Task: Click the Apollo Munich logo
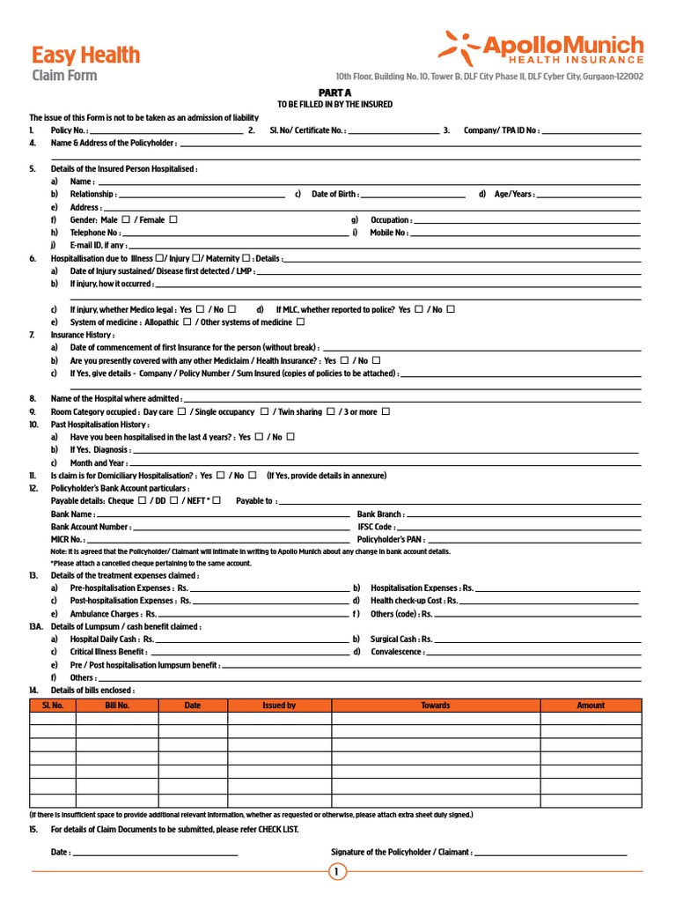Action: pyautogui.click(x=540, y=48)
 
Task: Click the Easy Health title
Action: pyautogui.click(x=85, y=55)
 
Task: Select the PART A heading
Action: pyautogui.click(x=334, y=92)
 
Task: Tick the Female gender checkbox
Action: pyautogui.click(x=173, y=219)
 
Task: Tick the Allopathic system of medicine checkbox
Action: pyautogui.click(x=187, y=322)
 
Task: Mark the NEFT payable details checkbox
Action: pyautogui.click(x=217, y=500)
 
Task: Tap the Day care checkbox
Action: pyautogui.click(x=181, y=411)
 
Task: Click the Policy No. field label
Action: pyautogui.click(x=70, y=130)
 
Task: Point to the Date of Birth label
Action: pyautogui.click(x=334, y=194)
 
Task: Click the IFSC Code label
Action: pyautogui.click(x=376, y=527)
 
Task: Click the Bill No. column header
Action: pyautogui.click(x=117, y=705)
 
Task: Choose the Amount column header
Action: pyautogui.click(x=591, y=705)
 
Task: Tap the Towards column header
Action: pyautogui.click(x=435, y=705)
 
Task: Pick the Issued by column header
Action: pyautogui.click(x=279, y=705)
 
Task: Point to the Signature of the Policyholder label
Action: pyautogui.click(x=401, y=852)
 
